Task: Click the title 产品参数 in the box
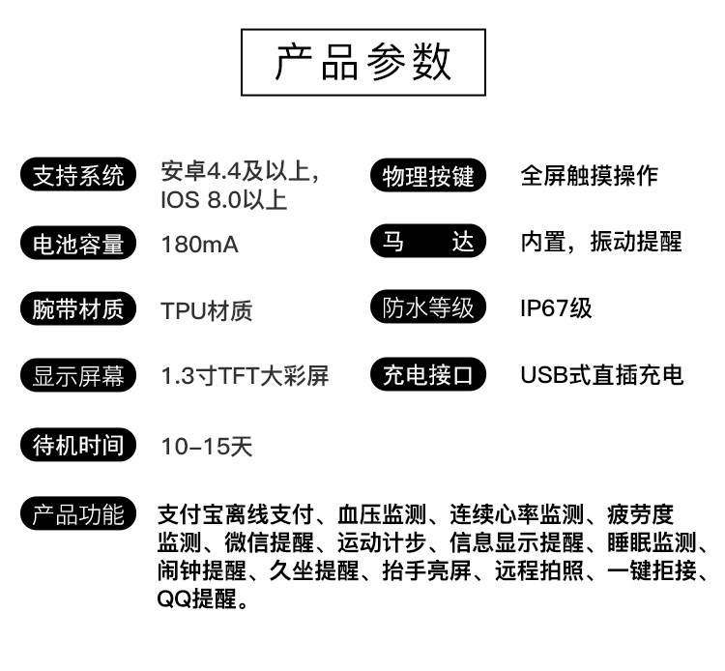pyautogui.click(x=362, y=62)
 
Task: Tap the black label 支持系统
pyautogui.click(x=78, y=176)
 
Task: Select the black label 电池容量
pyautogui.click(x=78, y=244)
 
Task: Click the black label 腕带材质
pyautogui.click(x=78, y=310)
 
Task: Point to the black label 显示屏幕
pyautogui.click(x=78, y=376)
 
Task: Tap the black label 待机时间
pyautogui.click(x=78, y=446)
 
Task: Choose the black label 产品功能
pyautogui.click(x=78, y=513)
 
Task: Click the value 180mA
pyautogui.click(x=199, y=245)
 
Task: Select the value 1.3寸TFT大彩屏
pyautogui.click(x=245, y=376)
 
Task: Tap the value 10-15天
pyautogui.click(x=207, y=447)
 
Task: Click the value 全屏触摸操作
pyautogui.click(x=589, y=176)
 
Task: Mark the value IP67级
pyautogui.click(x=556, y=308)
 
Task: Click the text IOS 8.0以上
pyautogui.click(x=223, y=201)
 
